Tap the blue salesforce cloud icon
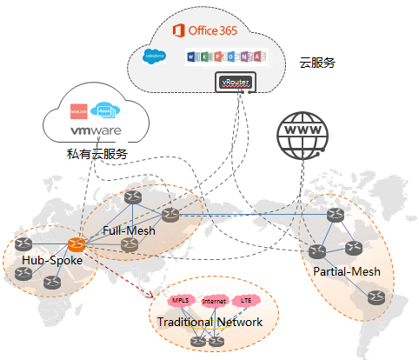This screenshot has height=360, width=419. (x=155, y=57)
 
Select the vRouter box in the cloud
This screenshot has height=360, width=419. (x=236, y=83)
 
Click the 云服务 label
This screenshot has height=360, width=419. (x=317, y=63)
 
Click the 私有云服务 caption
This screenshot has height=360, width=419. (x=97, y=154)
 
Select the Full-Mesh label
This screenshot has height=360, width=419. (x=130, y=231)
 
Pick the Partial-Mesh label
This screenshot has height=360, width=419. (x=347, y=271)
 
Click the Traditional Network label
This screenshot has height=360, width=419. (x=209, y=323)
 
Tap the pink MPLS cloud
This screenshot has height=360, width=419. (x=181, y=301)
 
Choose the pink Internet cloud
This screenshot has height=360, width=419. (x=214, y=302)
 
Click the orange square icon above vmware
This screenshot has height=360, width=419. (x=80, y=111)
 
